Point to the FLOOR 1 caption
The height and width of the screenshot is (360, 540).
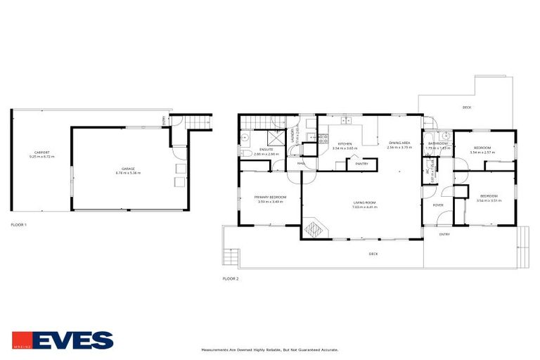coord(19,224)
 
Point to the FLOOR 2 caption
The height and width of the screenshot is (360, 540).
coord(231,279)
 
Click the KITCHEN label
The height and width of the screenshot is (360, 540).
coord(345,144)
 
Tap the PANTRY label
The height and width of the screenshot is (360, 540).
coord(362,165)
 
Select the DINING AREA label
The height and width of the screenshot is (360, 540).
coord(399,143)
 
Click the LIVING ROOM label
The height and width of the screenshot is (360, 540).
coord(365,203)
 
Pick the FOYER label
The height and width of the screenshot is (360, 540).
coord(438,205)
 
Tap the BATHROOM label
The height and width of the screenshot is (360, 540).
coord(439,143)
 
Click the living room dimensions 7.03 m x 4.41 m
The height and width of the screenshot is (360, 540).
coord(365,207)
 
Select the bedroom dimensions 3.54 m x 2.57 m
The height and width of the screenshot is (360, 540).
coord(482,152)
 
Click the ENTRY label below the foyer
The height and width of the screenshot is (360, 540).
coord(444,234)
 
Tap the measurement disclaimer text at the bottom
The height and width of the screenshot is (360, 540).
coord(270,349)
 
